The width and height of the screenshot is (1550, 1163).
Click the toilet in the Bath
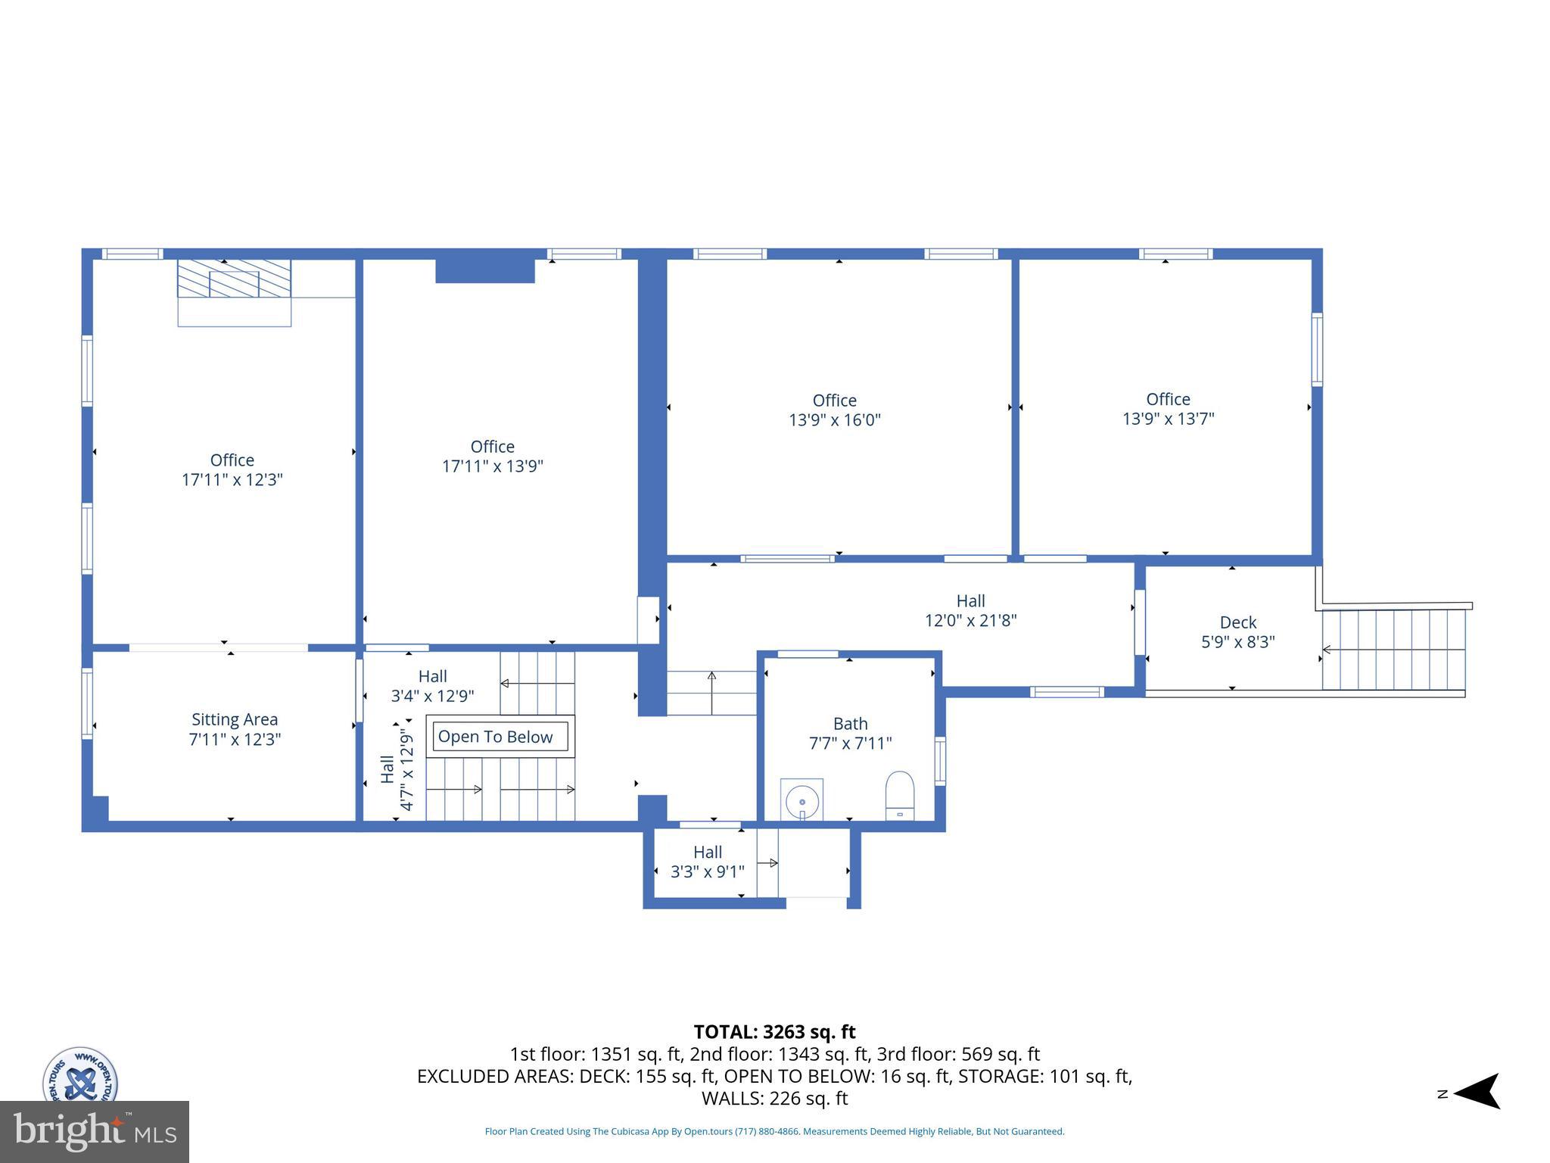pyautogui.click(x=899, y=795)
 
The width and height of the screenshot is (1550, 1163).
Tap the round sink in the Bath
pyautogui.click(x=802, y=800)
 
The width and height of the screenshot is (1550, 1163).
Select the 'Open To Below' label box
pyautogui.click(x=496, y=737)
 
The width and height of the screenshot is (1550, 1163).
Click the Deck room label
pyautogui.click(x=1238, y=622)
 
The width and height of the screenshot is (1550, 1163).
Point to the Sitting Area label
pyautogui.click(x=235, y=719)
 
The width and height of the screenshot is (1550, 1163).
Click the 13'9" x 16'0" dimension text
pyautogui.click(x=835, y=420)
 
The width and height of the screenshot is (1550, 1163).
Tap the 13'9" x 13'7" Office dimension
pyautogui.click(x=1168, y=419)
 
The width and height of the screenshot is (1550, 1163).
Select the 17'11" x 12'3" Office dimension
pyautogui.click(x=232, y=479)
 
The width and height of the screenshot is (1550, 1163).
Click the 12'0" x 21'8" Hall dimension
pyautogui.click(x=970, y=621)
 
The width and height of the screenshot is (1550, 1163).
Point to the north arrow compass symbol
pyautogui.click(x=1475, y=1091)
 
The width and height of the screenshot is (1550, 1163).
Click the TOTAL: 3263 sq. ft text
pyautogui.click(x=774, y=1032)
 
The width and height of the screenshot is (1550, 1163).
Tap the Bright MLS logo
pyautogui.click(x=95, y=1131)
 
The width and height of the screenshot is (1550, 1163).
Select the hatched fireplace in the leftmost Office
pyautogui.click(x=234, y=279)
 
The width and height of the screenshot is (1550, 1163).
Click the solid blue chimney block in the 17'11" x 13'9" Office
pyautogui.click(x=485, y=270)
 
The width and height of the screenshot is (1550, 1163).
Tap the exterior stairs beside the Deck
pyautogui.click(x=1393, y=650)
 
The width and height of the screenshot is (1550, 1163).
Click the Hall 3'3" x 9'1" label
pyautogui.click(x=708, y=862)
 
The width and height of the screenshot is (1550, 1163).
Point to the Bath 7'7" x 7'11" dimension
pyautogui.click(x=850, y=744)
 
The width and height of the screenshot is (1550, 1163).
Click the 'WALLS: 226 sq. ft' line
pyautogui.click(x=774, y=1099)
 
